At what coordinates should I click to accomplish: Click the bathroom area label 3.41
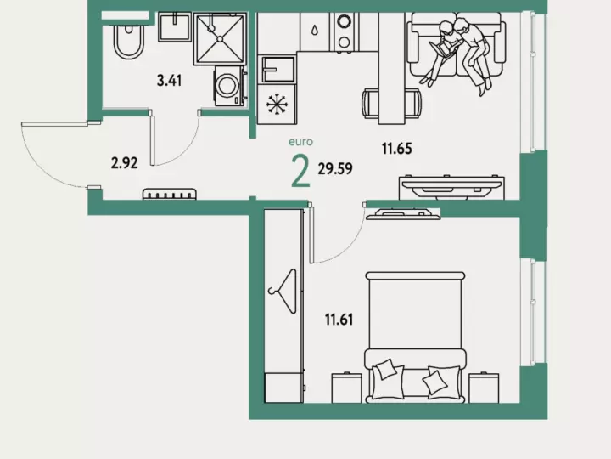(169, 81)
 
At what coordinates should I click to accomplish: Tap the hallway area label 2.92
(124, 162)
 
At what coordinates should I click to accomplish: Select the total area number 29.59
(335, 168)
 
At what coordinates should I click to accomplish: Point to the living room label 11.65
(396, 149)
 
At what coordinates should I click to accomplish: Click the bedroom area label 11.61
(339, 320)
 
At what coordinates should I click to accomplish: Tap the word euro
(300, 142)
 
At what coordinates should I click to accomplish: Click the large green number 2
(300, 172)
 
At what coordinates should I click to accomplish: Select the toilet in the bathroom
(128, 40)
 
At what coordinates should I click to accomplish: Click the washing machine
(229, 86)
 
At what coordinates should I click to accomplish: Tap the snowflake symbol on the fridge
(277, 105)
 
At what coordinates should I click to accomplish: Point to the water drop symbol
(315, 30)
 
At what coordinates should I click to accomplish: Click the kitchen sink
(278, 70)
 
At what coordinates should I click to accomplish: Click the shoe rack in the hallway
(169, 195)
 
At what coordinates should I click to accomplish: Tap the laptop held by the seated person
(440, 49)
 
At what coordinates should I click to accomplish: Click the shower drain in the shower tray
(220, 38)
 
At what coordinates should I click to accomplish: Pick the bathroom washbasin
(175, 26)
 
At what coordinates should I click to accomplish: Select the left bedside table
(346, 388)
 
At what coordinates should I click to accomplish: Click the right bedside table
(484, 388)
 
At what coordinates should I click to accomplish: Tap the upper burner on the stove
(344, 20)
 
